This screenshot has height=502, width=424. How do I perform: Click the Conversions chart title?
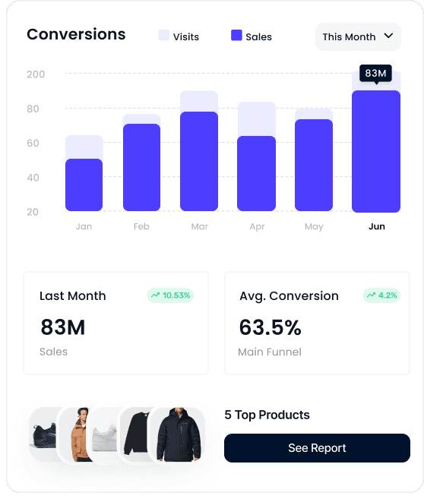coord(76,34)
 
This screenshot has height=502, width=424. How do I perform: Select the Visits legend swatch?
coord(163,35)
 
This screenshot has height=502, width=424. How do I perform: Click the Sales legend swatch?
coord(236,35)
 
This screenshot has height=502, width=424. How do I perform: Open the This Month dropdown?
coord(358,36)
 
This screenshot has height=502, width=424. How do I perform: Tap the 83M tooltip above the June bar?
coord(375,74)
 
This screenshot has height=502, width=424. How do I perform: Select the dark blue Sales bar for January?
coord(84,185)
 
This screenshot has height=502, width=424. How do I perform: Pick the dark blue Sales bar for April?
coord(257,173)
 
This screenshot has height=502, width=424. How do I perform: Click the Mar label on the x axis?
coord(200,226)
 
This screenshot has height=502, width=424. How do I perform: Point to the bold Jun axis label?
coord(377,226)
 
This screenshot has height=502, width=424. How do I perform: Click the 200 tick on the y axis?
coord(36,74)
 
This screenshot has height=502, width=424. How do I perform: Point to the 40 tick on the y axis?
coord(33,178)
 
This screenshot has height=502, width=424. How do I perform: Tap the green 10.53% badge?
coord(170,295)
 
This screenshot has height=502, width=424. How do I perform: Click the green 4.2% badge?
coord(381,295)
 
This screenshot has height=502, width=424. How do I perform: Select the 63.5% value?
coord(271,327)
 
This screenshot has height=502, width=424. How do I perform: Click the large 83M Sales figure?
coord(63,327)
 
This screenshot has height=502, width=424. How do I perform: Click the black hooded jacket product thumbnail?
coord(178,434)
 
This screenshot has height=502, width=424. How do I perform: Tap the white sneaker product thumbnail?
coord(104,434)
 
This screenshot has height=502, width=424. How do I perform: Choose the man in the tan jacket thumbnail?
coord(75,434)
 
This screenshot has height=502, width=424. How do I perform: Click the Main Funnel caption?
coord(270,352)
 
